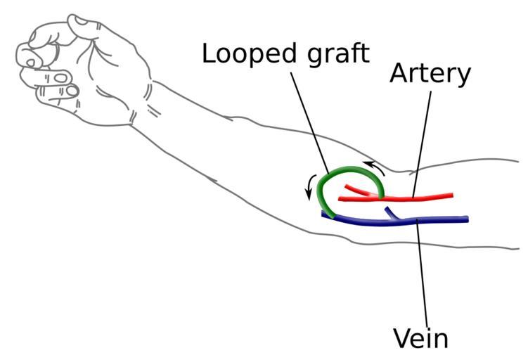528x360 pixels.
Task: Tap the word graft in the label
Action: pos(332,55)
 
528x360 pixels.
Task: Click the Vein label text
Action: pos(420,337)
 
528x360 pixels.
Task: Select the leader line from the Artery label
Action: pos(422,141)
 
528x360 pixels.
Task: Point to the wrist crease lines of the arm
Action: pos(151,102)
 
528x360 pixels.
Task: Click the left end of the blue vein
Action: pos(324,215)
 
